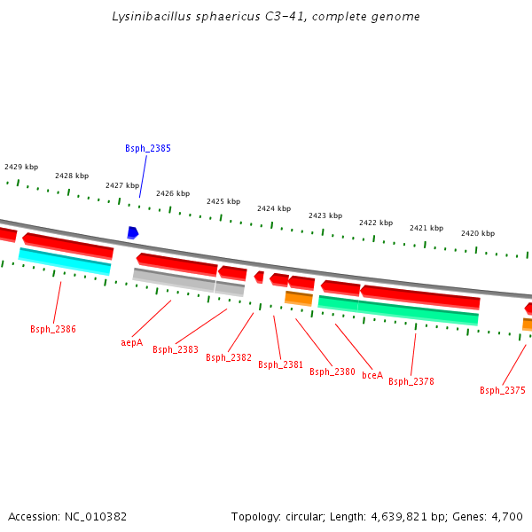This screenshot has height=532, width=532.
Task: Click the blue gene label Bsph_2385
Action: pos(147,148)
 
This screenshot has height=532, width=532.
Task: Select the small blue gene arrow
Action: pos(132,232)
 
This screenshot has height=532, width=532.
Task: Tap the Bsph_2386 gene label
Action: pos(53,329)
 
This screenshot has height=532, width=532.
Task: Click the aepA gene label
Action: pos(131,342)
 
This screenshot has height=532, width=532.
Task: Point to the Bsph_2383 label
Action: pos(175,349)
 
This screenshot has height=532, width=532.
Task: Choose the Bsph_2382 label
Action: pos(229,357)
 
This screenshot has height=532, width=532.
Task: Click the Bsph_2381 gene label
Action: pos(280,364)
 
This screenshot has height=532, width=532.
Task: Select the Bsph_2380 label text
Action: pos(332,372)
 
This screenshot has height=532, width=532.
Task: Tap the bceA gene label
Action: pos(372,375)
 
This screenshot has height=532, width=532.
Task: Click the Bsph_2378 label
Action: pos(411,381)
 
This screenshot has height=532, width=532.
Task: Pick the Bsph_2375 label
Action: pos(503,390)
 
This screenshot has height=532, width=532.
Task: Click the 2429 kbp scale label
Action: pos(21,167)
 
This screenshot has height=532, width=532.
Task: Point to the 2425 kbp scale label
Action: pos(223,201)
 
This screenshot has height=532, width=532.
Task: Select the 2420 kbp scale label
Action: pos(478,233)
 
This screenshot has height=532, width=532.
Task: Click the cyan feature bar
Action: pos(65,261)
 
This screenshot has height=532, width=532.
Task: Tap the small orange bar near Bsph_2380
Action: pos(298,298)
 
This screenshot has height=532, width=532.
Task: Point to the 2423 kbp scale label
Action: pos(325,215)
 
